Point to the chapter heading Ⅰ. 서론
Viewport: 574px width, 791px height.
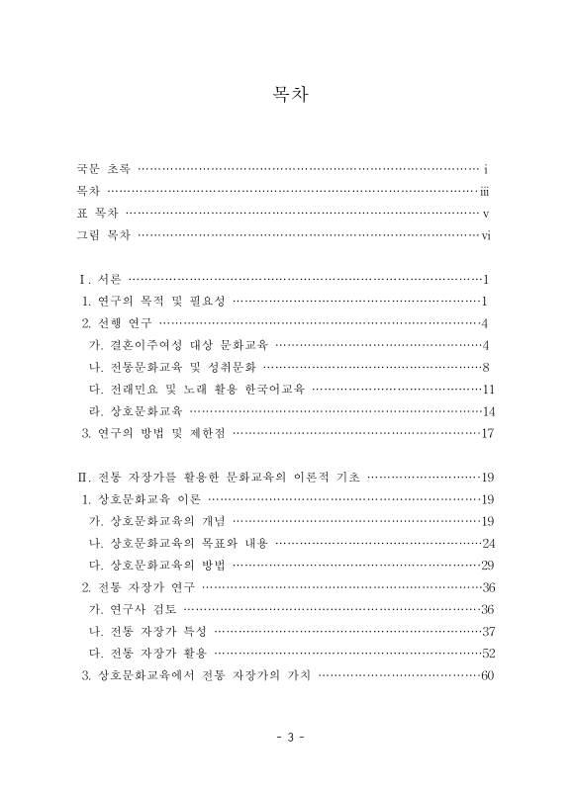99,279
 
